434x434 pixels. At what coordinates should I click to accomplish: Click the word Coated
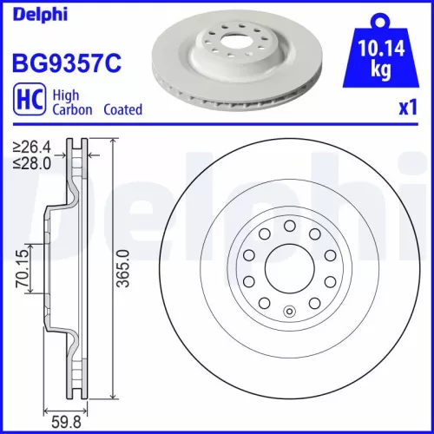(122, 110)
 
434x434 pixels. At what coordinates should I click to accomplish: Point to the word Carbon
(72, 110)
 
